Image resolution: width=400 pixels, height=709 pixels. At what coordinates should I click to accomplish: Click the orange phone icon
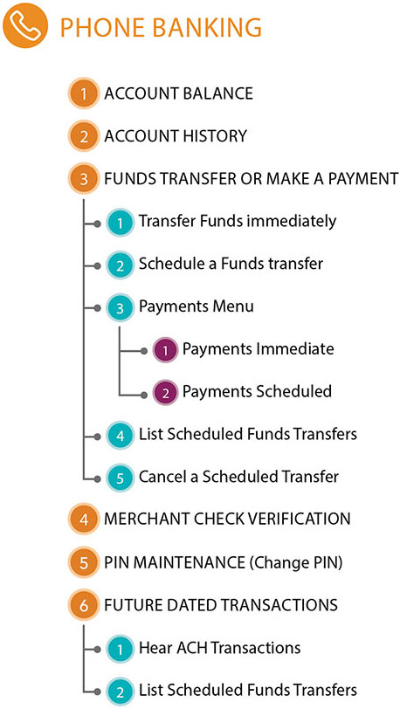click(x=24, y=25)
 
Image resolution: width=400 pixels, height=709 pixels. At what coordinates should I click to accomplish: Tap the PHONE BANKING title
click(x=161, y=28)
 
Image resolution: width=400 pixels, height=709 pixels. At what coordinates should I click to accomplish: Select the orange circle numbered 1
click(x=84, y=93)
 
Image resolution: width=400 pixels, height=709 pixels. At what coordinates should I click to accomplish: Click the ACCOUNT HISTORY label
click(x=176, y=135)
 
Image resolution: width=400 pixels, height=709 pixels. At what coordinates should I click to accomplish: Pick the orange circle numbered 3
click(x=84, y=179)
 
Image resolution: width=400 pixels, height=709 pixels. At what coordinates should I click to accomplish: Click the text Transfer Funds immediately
click(x=238, y=221)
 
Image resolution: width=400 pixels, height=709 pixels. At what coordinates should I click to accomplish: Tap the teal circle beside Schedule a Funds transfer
click(x=120, y=265)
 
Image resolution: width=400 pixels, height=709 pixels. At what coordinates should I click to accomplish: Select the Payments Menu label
click(x=196, y=306)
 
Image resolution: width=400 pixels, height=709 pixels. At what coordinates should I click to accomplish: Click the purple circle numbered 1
click(x=165, y=349)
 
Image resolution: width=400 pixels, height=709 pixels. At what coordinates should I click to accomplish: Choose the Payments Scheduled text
click(x=257, y=391)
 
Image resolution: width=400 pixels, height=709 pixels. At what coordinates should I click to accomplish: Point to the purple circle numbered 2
click(x=165, y=393)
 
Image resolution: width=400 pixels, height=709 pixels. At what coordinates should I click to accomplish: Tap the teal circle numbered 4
click(x=120, y=436)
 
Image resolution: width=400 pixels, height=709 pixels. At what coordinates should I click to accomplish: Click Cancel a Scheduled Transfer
click(x=238, y=477)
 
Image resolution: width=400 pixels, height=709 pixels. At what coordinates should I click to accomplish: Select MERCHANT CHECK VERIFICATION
click(x=227, y=519)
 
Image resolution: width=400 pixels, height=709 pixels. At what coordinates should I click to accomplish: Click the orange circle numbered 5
click(x=84, y=563)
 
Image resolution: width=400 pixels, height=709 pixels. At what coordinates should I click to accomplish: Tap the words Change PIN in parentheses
click(x=294, y=563)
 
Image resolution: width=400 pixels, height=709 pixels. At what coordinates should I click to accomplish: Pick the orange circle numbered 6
click(x=84, y=605)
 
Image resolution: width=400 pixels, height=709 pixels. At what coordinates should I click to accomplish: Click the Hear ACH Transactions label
click(x=219, y=648)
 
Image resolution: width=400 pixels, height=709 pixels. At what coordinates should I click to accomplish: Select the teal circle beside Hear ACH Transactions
click(x=120, y=649)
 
